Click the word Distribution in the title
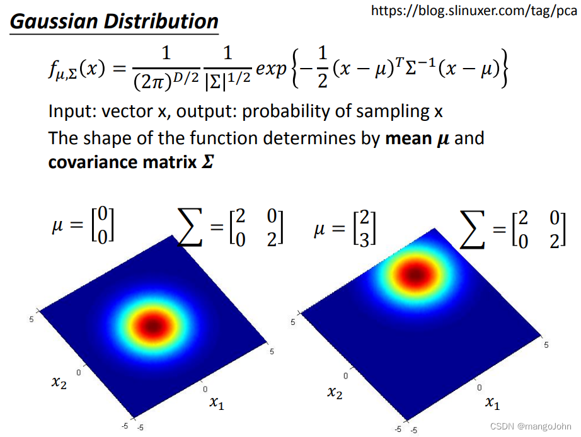(x=161, y=21)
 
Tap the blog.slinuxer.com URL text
(x=474, y=11)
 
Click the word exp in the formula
(x=271, y=69)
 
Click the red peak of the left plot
(x=152, y=326)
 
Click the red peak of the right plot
(x=416, y=275)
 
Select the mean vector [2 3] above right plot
(x=365, y=228)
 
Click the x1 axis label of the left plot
(x=217, y=402)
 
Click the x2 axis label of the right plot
(x=335, y=392)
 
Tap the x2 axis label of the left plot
(x=59, y=382)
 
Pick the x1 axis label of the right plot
(x=493, y=402)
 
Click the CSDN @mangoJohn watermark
(x=531, y=426)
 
